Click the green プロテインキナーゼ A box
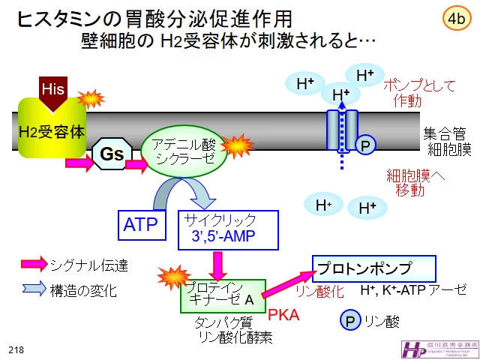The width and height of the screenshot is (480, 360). pyautogui.click(x=222, y=294)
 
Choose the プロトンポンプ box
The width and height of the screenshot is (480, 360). pyautogui.click(x=373, y=268)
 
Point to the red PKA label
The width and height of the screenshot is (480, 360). pyautogui.click(x=284, y=315)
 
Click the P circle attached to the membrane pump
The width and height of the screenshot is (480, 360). pyautogui.click(x=366, y=145)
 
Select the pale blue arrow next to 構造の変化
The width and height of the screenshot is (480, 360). pyautogui.click(x=34, y=289)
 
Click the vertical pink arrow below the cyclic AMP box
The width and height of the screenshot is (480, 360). pyautogui.click(x=218, y=263)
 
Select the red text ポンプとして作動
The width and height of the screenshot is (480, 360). pyautogui.click(x=418, y=92)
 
